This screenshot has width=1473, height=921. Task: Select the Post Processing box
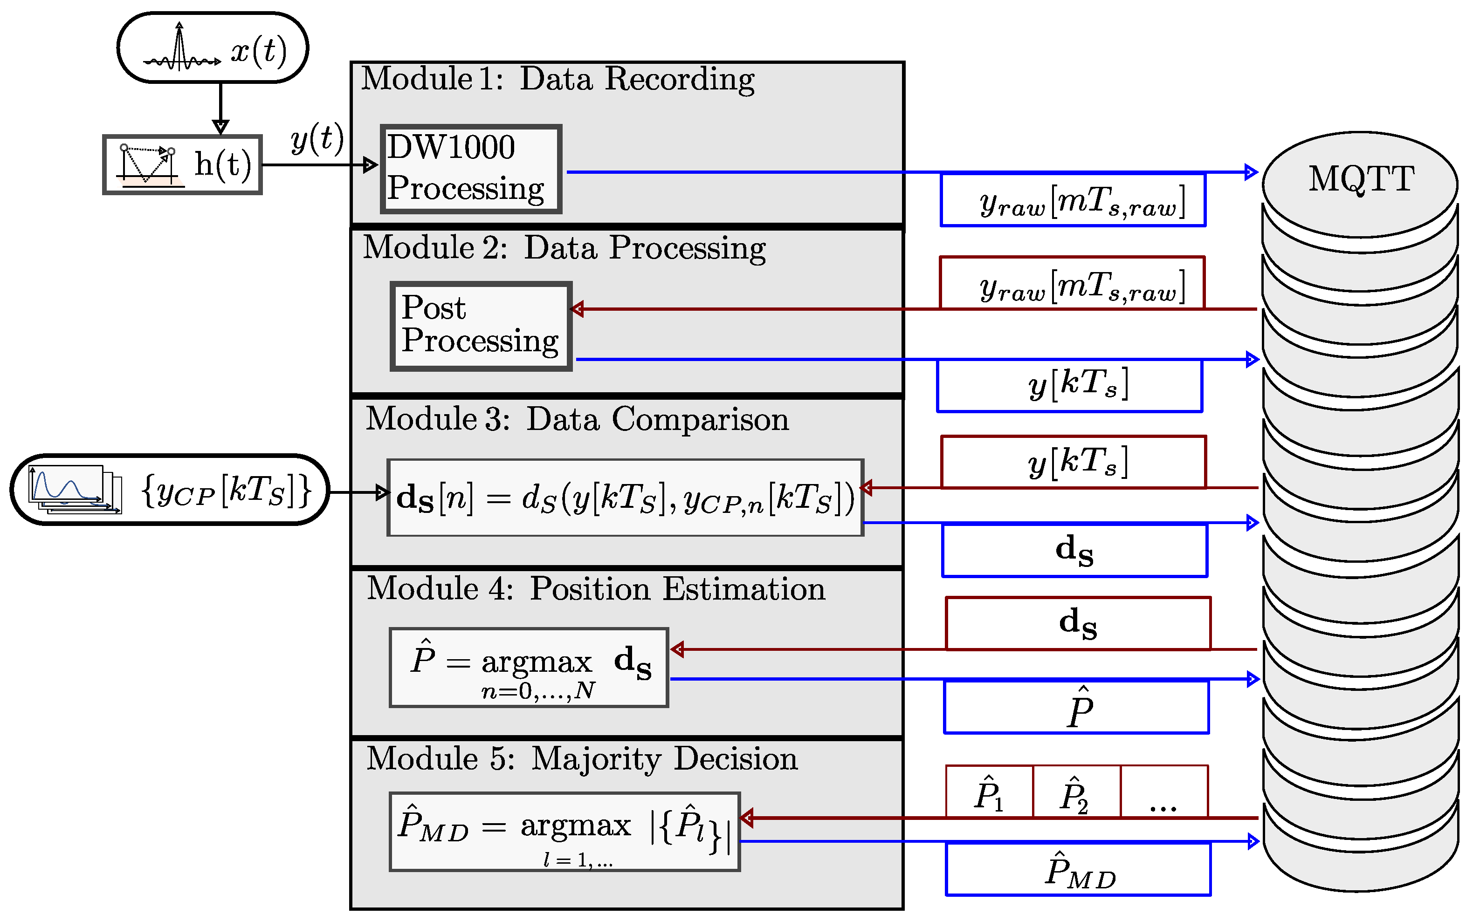point(481,326)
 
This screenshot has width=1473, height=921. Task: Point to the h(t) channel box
point(182,164)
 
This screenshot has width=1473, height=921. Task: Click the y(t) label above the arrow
point(317,138)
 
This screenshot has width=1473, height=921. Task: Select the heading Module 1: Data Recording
point(558,79)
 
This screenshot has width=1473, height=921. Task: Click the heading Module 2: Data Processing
point(564,248)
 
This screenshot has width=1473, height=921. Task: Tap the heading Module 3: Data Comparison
point(577,419)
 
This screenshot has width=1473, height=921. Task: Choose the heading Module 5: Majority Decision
point(582,759)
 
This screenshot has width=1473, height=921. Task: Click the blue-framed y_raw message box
point(1073,200)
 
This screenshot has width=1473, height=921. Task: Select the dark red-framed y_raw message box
point(1072,283)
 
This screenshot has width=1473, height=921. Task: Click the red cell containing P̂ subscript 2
point(1076,791)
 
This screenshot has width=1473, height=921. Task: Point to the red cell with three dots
point(1164,791)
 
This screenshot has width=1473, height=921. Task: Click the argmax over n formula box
point(529,668)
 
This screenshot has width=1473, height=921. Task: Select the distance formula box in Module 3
point(625,498)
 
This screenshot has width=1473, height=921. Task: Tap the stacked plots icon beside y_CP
point(75,489)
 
